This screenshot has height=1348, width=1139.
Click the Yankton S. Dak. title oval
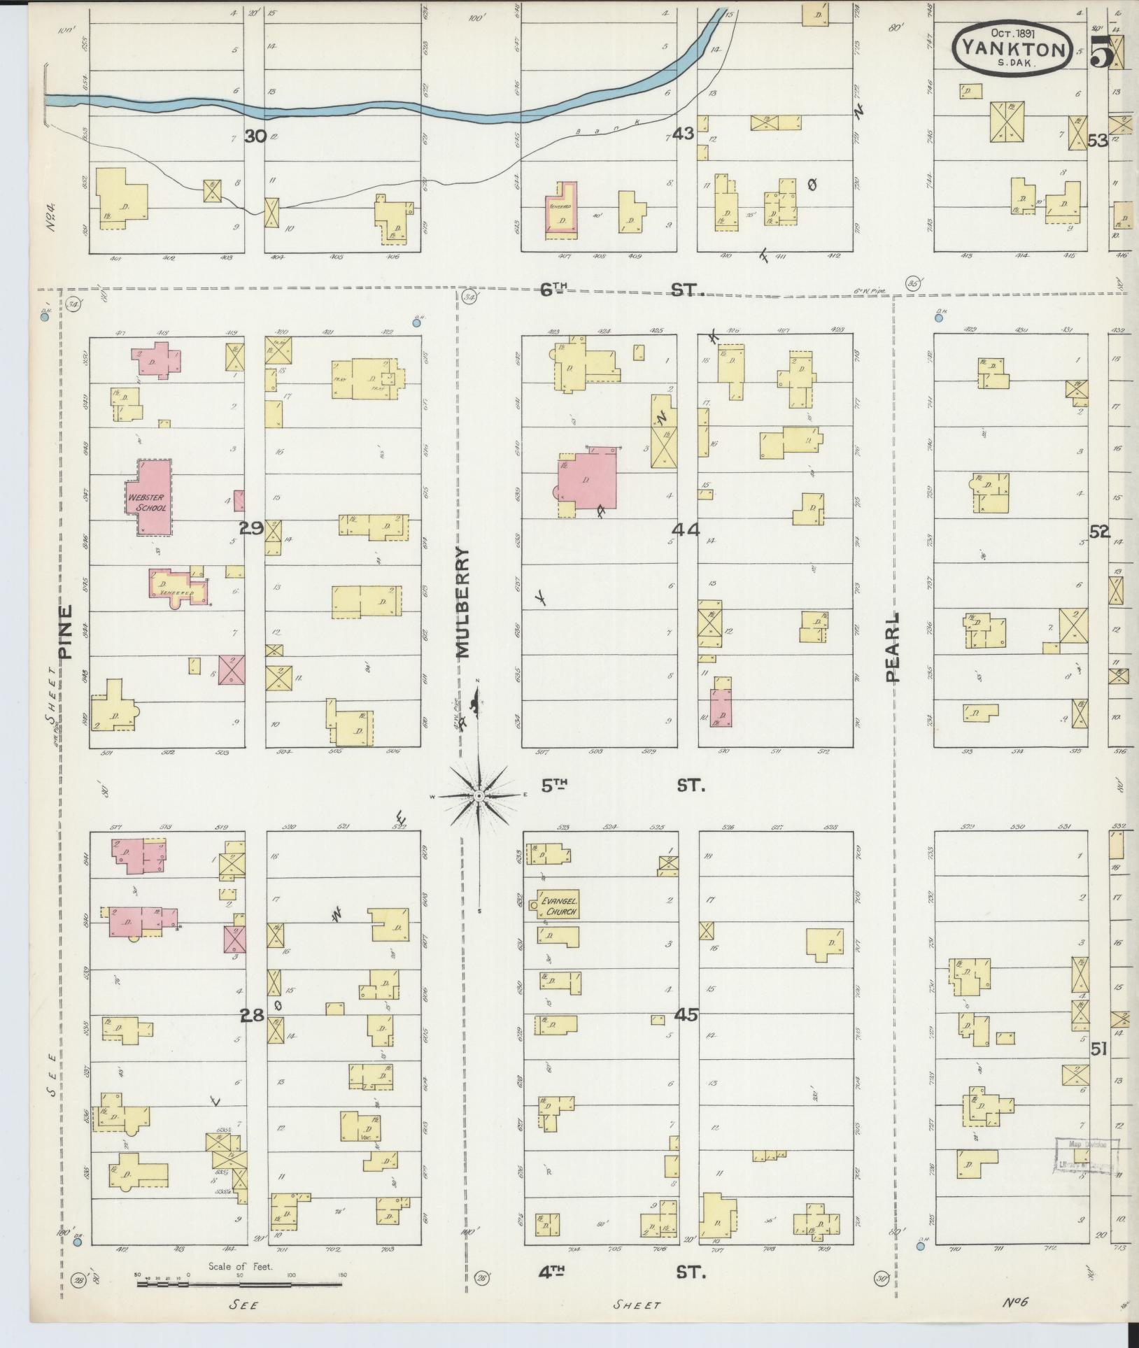1012,49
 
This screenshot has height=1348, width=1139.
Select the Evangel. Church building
558,907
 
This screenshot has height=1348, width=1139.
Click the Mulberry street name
462,602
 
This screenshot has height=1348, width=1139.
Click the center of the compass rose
479,796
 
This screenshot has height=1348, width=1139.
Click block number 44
687,530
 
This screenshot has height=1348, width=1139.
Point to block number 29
251,529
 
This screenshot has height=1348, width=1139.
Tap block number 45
687,1014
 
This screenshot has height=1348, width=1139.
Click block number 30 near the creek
255,136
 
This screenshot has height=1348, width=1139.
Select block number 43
682,133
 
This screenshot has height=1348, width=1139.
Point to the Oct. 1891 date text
1012,32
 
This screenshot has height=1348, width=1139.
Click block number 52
1099,532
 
